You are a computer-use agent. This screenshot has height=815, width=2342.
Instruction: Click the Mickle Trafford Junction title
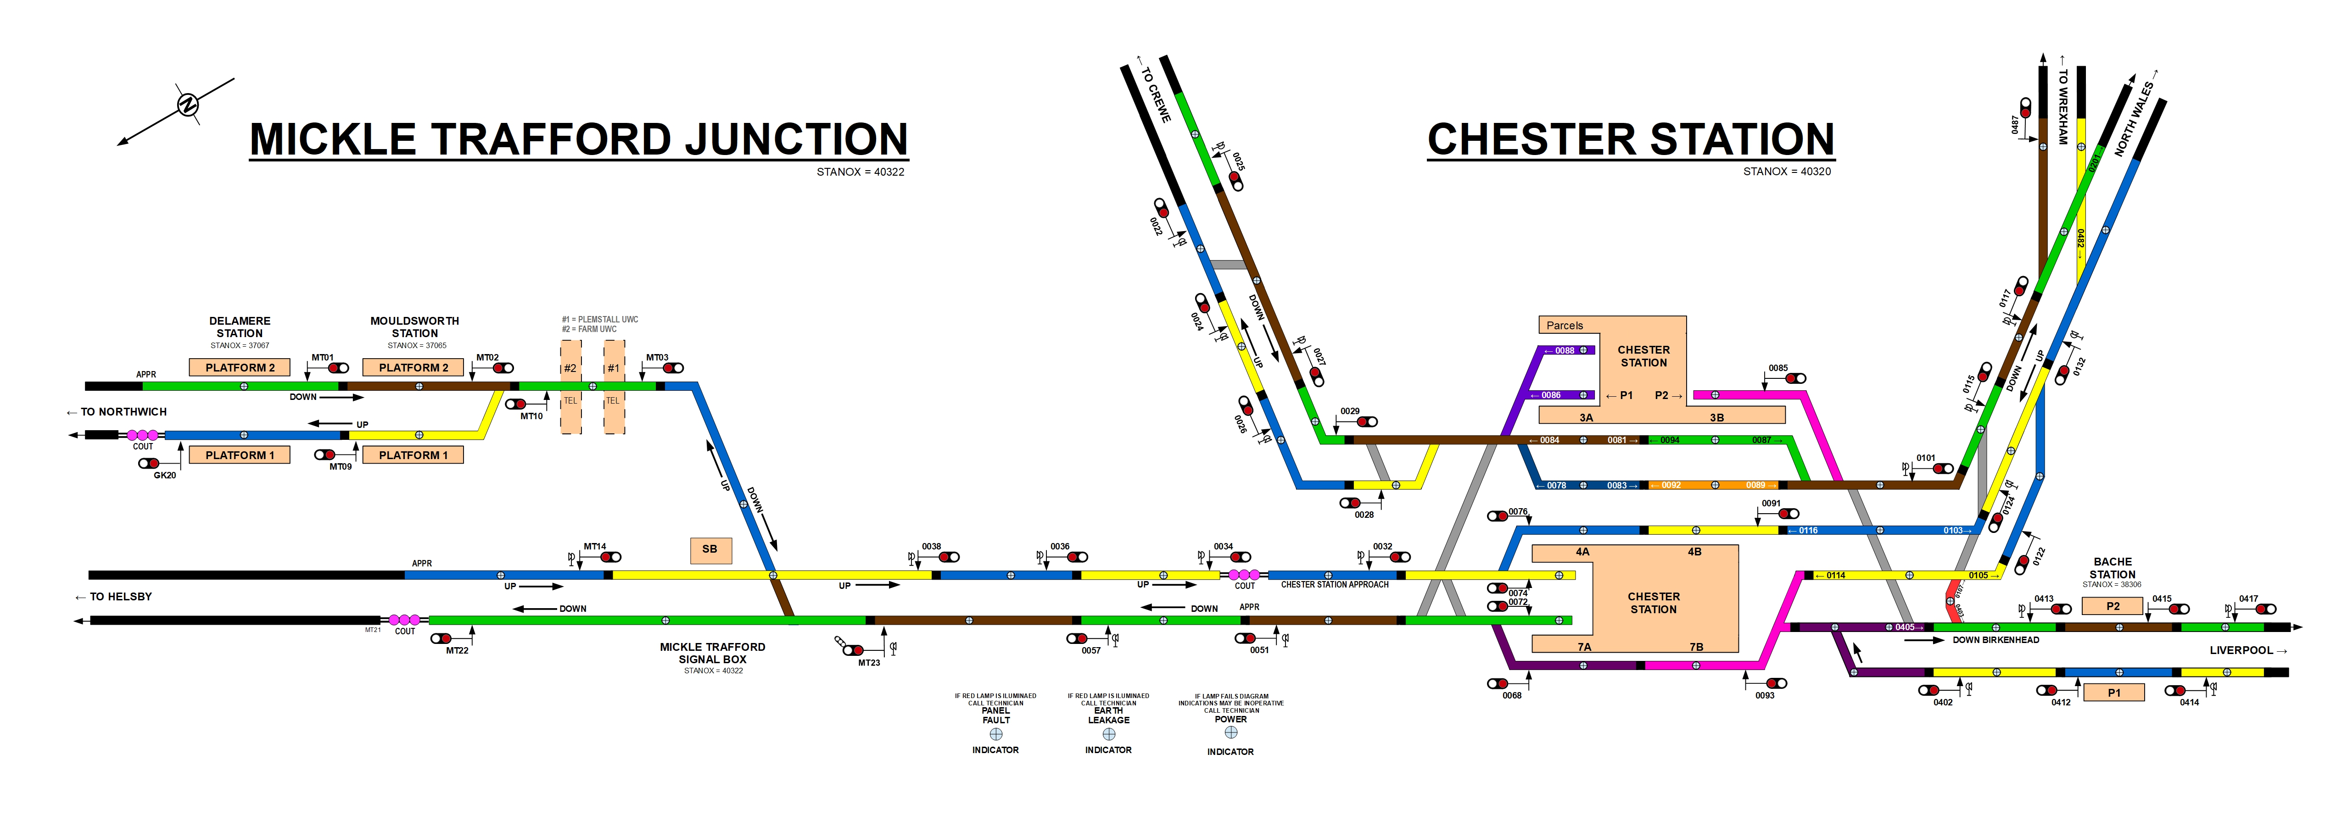pyautogui.click(x=578, y=139)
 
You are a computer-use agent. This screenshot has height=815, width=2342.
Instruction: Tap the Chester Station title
pyautogui.click(x=1630, y=139)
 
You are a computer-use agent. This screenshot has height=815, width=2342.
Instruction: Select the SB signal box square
pyautogui.click(x=710, y=550)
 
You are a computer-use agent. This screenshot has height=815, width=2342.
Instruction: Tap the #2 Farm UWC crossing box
pyautogui.click(x=570, y=368)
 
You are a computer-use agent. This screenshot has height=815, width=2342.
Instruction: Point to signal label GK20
pyautogui.click(x=165, y=475)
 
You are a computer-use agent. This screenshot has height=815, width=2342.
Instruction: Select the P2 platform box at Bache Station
pyautogui.click(x=2112, y=606)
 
